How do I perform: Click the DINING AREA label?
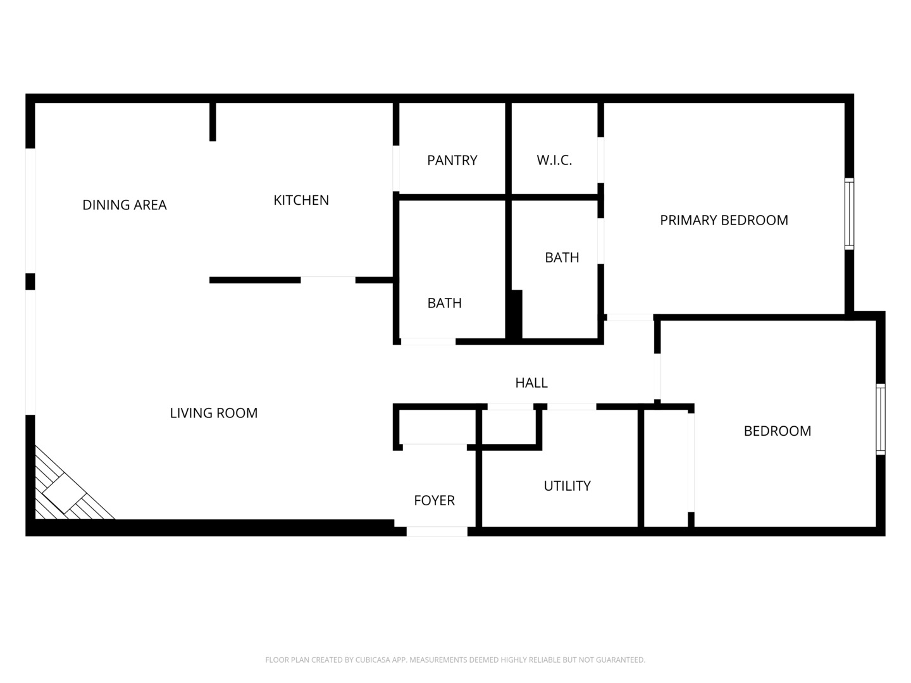125,205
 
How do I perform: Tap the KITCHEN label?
301,200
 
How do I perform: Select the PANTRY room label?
452,161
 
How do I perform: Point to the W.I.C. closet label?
554,161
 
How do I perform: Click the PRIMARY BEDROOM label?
724,220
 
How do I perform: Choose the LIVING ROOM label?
214,413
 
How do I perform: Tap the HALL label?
531,383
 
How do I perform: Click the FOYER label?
434,500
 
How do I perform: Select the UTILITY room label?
567,486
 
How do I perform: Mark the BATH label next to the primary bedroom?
562,257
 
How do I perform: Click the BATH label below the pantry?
444,303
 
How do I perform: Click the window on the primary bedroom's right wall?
849,214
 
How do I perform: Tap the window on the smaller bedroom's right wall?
880,419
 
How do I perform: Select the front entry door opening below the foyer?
437,531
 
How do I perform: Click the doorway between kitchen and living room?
328,279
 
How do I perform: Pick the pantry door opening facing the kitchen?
396,168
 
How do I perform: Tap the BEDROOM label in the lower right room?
777,431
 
